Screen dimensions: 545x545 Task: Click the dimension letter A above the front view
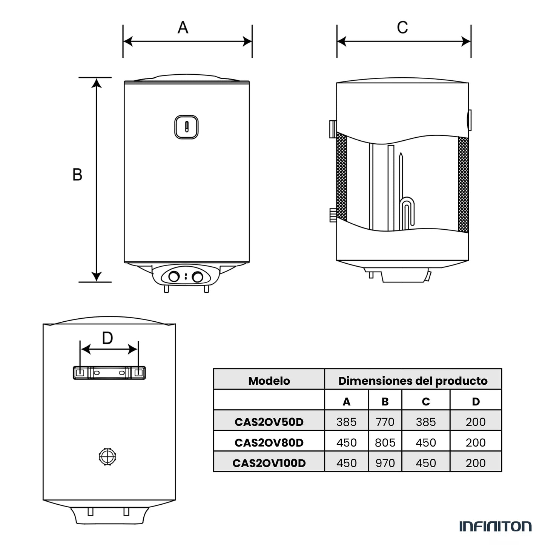click(x=183, y=28)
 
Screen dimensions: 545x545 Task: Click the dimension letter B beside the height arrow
click(x=77, y=175)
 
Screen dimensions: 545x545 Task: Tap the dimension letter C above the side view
click(x=402, y=28)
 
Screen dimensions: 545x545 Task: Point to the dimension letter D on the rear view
click(x=107, y=338)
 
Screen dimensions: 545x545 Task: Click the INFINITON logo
click(x=495, y=526)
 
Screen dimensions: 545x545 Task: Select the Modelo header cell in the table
click(x=269, y=381)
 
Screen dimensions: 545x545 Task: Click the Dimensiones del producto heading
click(x=413, y=381)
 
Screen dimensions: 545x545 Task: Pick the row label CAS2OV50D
click(x=269, y=422)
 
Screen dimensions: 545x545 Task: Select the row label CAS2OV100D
click(x=269, y=463)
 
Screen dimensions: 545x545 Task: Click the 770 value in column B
click(x=385, y=422)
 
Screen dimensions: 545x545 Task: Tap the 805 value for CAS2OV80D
click(x=385, y=442)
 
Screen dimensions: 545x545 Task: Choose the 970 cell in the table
click(x=385, y=463)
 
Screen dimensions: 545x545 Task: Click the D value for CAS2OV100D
click(x=475, y=463)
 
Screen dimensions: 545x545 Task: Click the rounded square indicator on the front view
click(x=186, y=127)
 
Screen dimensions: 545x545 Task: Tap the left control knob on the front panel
click(x=174, y=277)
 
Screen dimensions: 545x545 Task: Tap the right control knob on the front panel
click(x=197, y=277)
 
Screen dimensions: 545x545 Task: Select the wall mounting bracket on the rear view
click(x=109, y=373)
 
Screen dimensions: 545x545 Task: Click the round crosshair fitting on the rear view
click(x=107, y=457)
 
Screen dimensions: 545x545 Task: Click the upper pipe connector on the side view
click(x=332, y=129)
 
